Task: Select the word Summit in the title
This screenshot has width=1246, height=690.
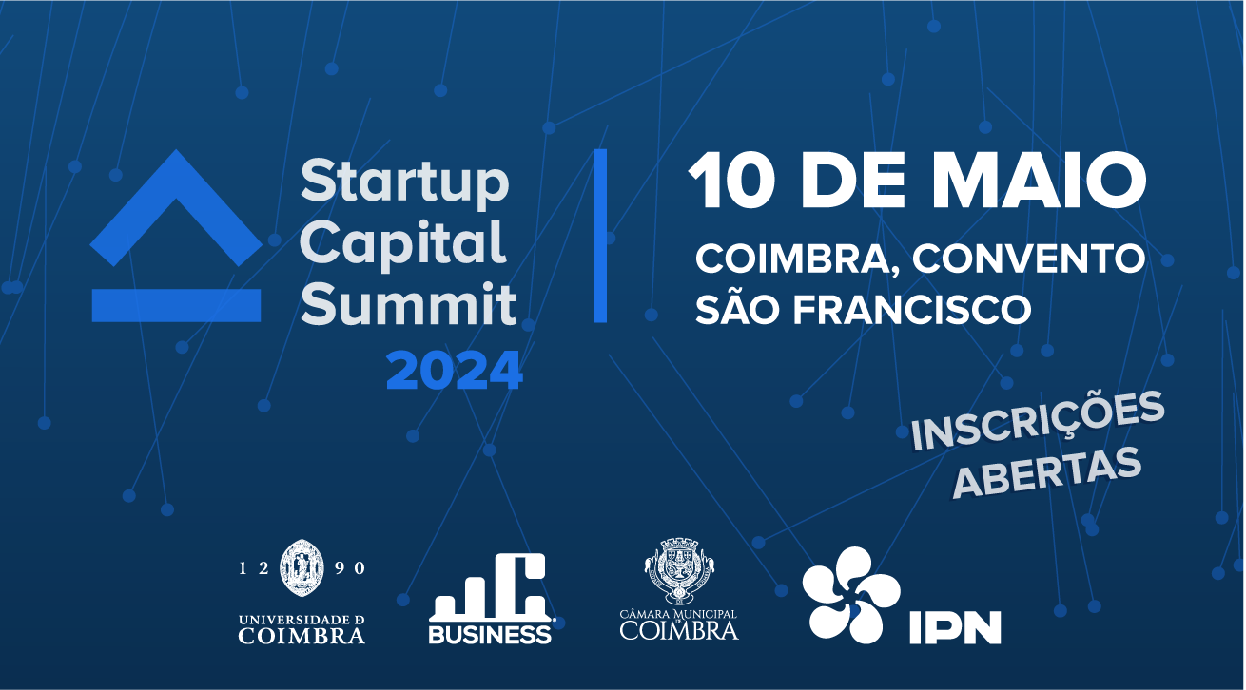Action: [409, 304]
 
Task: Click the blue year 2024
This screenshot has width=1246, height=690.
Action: [455, 371]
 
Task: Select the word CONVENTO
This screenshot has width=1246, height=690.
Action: [1028, 259]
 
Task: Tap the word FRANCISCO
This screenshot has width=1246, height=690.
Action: [912, 309]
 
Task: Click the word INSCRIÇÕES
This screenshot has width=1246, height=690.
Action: [1038, 421]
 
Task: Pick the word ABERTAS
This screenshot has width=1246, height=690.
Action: [1048, 472]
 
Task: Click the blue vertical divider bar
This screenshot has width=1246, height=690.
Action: [600, 236]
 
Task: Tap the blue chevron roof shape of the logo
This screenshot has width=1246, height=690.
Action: [176, 207]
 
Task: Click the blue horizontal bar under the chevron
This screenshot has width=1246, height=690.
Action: [176, 305]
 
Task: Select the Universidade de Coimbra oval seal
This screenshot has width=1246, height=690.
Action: [302, 567]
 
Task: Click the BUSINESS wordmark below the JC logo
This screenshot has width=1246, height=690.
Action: [490, 634]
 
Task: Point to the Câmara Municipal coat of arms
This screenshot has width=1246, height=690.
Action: [679, 570]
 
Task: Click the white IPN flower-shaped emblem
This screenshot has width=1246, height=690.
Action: [850, 595]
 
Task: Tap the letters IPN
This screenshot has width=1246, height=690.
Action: [955, 627]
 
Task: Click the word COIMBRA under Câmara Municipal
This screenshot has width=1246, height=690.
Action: [679, 630]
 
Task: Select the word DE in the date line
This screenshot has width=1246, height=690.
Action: [853, 182]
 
